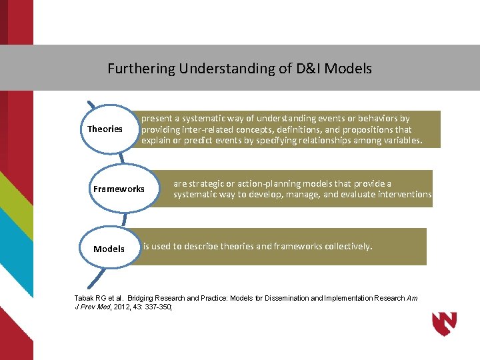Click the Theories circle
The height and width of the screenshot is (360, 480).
(105, 129)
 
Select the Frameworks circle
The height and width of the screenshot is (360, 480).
(119, 189)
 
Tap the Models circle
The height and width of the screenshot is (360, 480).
(109, 249)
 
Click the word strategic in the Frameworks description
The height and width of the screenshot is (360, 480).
(211, 183)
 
